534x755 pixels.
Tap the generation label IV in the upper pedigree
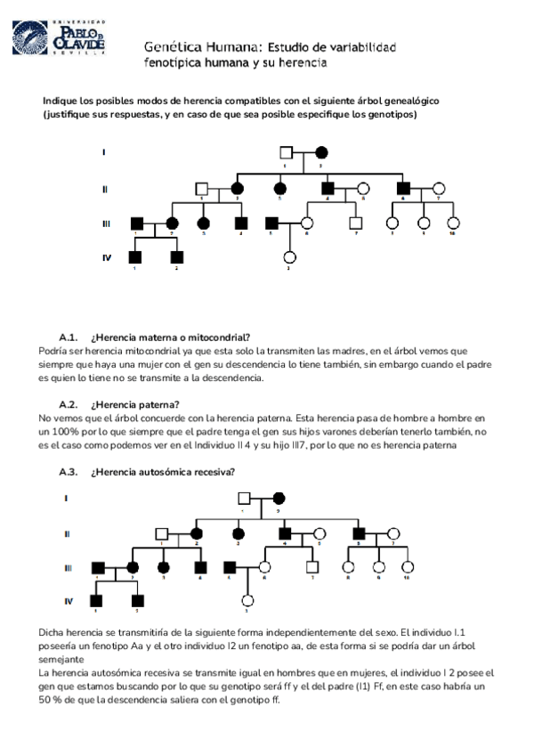tap(107, 258)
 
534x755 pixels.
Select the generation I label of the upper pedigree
tap(104, 152)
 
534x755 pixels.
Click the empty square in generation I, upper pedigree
tap(286, 151)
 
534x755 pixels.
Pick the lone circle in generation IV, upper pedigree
tap(289, 258)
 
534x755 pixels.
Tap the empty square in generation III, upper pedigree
tap(356, 223)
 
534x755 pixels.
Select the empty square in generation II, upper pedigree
tap(202, 189)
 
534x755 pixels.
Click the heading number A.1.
tap(69, 337)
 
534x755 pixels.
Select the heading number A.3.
tap(69, 471)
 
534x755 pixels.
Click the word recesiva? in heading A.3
tap(210, 471)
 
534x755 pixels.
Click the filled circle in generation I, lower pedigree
tap(278, 499)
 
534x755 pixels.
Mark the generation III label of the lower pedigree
tap(68, 566)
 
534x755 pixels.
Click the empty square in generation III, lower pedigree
tap(312, 566)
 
